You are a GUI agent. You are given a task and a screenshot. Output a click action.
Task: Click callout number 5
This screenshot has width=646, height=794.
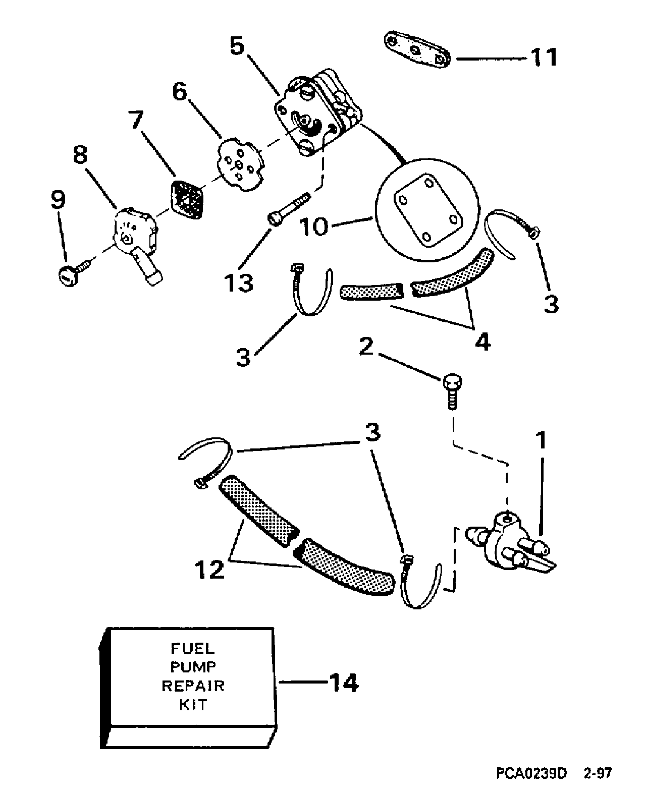pos(237,46)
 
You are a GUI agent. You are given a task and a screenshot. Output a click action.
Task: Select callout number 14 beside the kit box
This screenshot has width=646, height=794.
pos(344,682)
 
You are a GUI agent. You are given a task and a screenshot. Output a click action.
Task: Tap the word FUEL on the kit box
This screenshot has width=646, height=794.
pos(193,648)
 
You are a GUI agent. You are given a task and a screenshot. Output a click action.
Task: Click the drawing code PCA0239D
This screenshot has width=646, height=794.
pos(531,773)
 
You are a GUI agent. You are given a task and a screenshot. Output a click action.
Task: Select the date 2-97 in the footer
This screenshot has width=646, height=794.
pos(598,773)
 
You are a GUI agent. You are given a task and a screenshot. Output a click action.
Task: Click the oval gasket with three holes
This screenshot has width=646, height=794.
pos(417,50)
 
